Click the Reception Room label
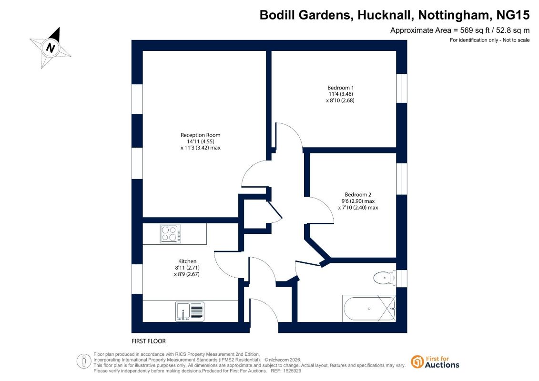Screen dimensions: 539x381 point(201,135)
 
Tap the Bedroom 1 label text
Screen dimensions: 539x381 point(340,88)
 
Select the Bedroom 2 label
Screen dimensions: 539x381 point(358,194)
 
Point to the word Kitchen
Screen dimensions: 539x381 point(187,261)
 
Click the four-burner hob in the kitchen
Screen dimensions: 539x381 point(171,234)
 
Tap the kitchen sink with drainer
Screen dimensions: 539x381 point(190,311)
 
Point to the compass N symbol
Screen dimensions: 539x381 point(51,48)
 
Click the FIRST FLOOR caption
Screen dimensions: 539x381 point(149,341)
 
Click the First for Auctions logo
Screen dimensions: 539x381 point(435,362)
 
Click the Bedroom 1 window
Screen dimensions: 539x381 point(401,88)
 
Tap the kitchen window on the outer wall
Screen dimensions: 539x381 point(137,279)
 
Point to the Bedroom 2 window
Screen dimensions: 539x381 point(401,179)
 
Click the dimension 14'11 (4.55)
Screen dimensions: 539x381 point(201,141)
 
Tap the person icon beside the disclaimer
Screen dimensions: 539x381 point(83,361)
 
